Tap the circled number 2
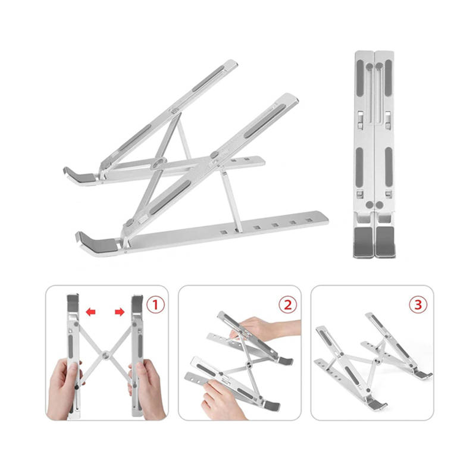[x=287, y=305]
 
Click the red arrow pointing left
[x=91, y=311]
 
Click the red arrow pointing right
[x=120, y=311]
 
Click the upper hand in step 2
[x=265, y=328]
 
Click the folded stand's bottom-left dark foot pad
[x=364, y=242]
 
